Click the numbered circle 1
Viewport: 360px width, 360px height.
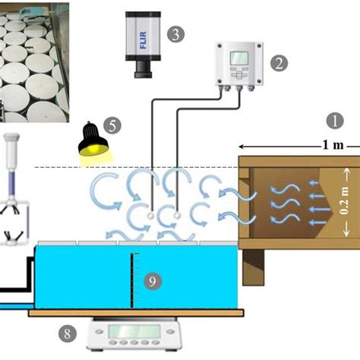(x=335, y=121)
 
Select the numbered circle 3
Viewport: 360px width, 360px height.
(x=176, y=34)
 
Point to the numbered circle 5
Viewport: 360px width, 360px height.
(x=112, y=124)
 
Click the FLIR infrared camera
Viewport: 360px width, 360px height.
(x=144, y=43)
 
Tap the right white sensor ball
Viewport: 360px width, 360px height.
(x=177, y=216)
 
